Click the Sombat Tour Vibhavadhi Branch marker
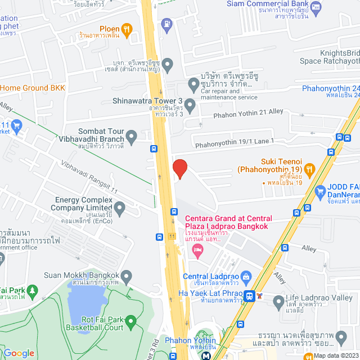[132, 136]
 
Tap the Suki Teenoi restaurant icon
[309, 169]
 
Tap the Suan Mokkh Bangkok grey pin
[127, 277]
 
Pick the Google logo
[19, 353]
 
